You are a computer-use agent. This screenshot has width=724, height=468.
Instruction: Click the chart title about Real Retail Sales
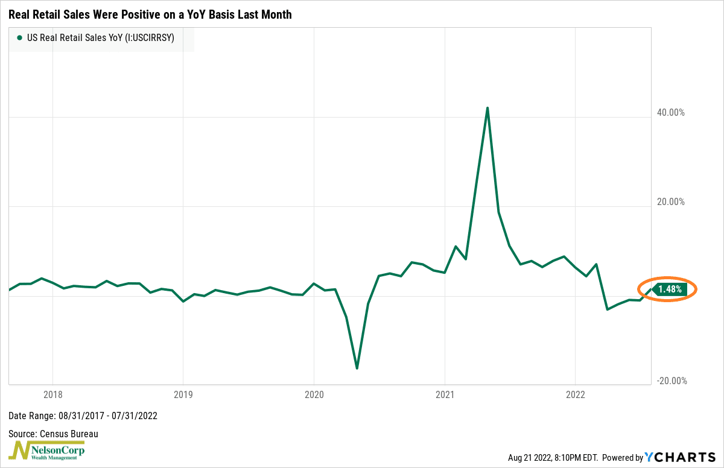[x=150, y=14]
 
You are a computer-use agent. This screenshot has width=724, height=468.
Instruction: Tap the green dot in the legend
[x=20, y=37]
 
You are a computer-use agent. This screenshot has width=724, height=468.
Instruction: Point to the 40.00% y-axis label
[x=670, y=113]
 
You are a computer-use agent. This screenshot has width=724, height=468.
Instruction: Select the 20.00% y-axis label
[x=670, y=202]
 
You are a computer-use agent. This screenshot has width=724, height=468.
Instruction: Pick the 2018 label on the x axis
[x=52, y=395]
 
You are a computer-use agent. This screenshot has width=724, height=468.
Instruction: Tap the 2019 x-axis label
[x=183, y=395]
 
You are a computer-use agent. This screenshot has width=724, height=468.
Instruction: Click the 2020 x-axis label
[x=314, y=395]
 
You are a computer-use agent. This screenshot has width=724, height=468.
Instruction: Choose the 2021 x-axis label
[x=445, y=395]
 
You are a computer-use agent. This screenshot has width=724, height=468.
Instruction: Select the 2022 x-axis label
[x=575, y=395]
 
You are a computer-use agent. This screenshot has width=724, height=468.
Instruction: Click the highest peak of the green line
[x=487, y=109]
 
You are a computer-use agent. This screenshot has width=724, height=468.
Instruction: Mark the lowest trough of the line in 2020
[x=357, y=368]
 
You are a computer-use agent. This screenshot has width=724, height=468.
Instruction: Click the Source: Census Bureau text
[x=53, y=434]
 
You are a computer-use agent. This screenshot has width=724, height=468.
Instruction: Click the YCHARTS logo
[x=680, y=458]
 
